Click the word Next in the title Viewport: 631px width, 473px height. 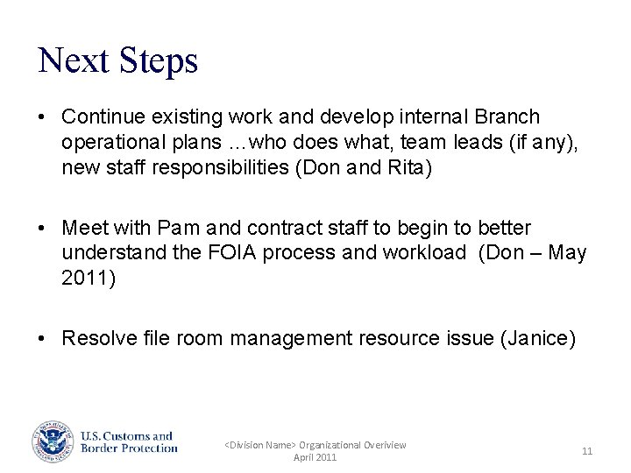(x=74, y=60)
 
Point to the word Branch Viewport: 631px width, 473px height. (x=507, y=116)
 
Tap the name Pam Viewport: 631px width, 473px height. (x=179, y=228)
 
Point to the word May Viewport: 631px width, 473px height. (x=566, y=253)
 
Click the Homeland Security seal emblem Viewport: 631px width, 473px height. (x=54, y=442)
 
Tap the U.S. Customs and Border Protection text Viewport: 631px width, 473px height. (x=129, y=442)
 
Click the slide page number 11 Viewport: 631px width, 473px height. (x=587, y=451)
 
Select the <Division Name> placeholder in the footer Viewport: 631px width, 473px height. (x=260, y=445)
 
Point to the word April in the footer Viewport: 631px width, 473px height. (x=304, y=458)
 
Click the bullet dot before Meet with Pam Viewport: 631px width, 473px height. (x=42, y=229)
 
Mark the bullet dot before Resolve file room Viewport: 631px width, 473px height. (x=42, y=339)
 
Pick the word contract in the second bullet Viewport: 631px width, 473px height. (x=281, y=228)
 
